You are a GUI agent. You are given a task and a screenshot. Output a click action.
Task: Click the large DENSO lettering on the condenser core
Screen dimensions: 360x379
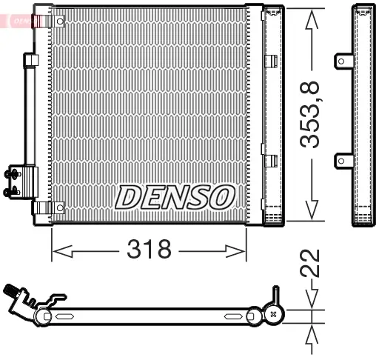coord(174,196)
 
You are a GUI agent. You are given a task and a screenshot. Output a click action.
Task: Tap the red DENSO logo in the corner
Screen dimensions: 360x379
coord(21,21)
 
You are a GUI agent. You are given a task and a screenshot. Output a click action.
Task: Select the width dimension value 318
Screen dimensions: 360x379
coord(149,249)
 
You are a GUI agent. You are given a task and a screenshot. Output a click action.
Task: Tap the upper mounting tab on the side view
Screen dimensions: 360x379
coord(343,61)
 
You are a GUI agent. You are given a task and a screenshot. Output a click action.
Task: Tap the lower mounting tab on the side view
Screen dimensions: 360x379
coord(343,159)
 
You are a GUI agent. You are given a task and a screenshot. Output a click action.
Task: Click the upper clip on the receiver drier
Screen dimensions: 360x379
coord(271,61)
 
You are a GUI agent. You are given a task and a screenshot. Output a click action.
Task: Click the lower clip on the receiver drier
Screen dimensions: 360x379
coord(271,159)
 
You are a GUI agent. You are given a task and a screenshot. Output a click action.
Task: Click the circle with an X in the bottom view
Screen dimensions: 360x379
coord(275,315)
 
